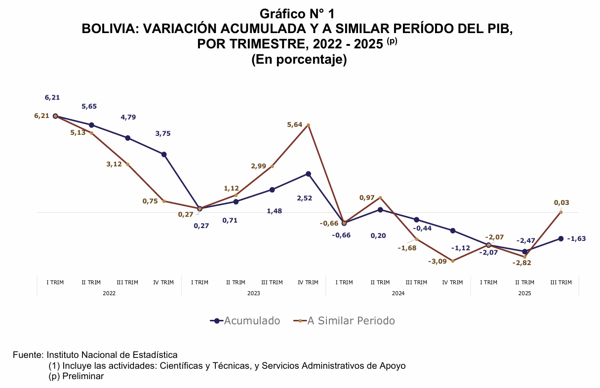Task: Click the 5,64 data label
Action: (x=294, y=125)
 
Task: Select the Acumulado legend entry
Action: (x=245, y=321)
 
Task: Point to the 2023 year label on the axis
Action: (x=254, y=293)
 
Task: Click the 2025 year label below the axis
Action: (x=524, y=293)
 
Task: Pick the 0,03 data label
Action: (x=561, y=202)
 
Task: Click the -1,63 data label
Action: (x=576, y=239)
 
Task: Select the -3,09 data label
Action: (x=437, y=261)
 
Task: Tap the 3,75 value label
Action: (x=163, y=133)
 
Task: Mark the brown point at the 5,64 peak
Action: (x=308, y=125)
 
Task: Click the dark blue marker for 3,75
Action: (x=164, y=155)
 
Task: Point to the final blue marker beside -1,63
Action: (x=560, y=238)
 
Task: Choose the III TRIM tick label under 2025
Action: (x=560, y=283)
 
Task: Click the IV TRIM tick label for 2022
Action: (x=163, y=283)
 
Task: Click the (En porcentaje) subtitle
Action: (x=299, y=60)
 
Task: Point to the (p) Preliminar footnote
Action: (x=76, y=376)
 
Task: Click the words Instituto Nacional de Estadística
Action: (x=112, y=355)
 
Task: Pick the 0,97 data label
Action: (x=366, y=197)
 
